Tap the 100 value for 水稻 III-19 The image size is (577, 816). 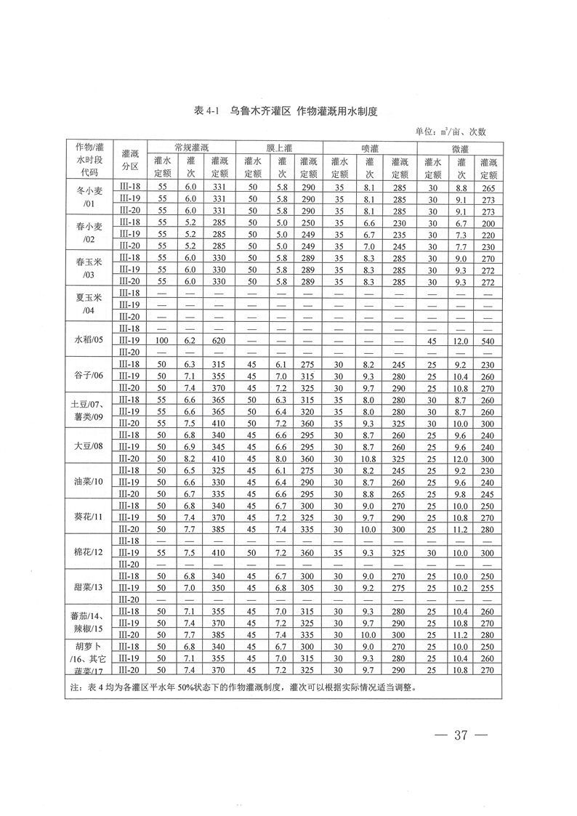click(x=162, y=339)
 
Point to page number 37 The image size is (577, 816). click(x=459, y=735)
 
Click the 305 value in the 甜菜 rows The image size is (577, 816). click(x=307, y=586)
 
